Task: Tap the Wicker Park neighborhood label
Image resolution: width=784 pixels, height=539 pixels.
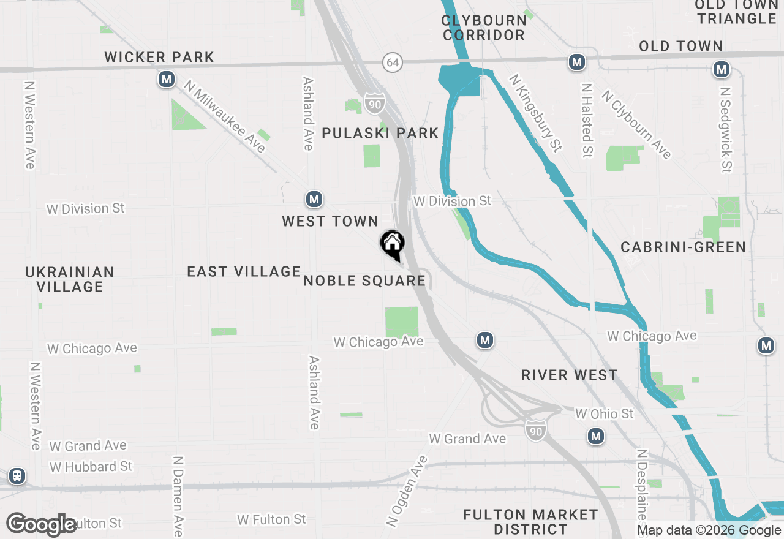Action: pos(159,58)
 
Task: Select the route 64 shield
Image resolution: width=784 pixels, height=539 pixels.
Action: pos(393,62)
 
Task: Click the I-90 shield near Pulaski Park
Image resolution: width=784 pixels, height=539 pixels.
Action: pos(374,104)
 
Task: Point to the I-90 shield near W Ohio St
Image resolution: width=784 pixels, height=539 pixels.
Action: pos(535,431)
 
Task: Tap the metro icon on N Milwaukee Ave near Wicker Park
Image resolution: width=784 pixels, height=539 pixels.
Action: pos(166,80)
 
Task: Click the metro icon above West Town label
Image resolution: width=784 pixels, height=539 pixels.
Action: pos(314,199)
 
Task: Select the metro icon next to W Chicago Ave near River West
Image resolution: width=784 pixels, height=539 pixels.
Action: pos(485,339)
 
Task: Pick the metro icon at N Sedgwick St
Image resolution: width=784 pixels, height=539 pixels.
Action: pos(722,70)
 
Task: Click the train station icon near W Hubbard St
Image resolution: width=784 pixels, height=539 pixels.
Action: pos(17,475)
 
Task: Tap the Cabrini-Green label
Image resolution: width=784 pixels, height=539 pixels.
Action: pos(683,247)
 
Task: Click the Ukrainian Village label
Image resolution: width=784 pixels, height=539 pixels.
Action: pos(70,279)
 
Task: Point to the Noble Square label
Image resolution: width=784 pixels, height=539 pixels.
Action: pos(364,281)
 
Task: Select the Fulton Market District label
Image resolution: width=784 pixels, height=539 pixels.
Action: pos(530,521)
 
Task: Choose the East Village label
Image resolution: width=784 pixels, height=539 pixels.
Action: pos(244,271)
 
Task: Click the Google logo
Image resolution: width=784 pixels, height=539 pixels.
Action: pos(42,524)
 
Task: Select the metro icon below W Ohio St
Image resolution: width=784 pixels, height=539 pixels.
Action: pos(595,437)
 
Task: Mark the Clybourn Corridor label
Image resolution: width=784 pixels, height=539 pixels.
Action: pos(484,28)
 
